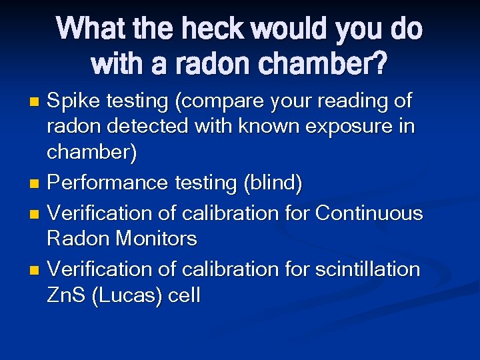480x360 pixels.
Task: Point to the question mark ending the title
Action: pos(379,63)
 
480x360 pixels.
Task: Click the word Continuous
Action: pos(369,213)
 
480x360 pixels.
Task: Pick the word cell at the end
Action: pos(183,295)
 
